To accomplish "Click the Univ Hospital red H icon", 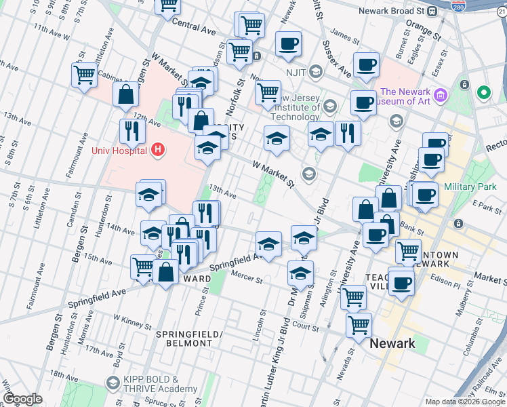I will click(158, 149).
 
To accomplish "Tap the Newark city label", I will click(392, 343).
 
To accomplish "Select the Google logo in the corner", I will click(22, 399).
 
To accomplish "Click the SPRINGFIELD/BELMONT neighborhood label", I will click(184, 339).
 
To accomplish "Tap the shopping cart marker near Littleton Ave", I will click(84, 75).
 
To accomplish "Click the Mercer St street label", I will click(247, 278).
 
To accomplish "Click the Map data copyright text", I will click(464, 402).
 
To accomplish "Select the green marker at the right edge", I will click(484, 92).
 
